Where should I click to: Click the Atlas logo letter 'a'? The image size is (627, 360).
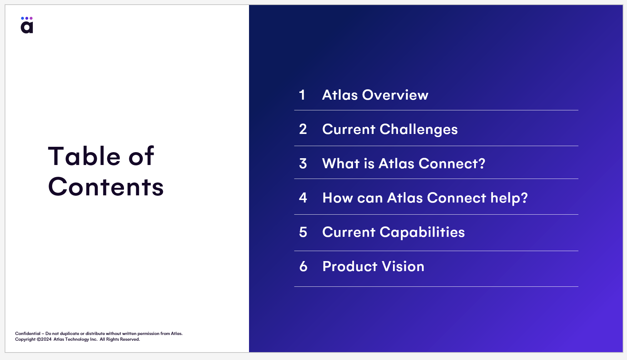click(27, 27)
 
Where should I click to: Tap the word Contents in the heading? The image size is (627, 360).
click(106, 187)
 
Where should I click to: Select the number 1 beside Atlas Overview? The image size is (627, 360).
click(302, 95)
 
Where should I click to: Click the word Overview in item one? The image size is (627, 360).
click(395, 95)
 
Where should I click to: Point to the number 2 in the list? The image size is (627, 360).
click(303, 129)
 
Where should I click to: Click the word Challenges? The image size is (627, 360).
click(419, 130)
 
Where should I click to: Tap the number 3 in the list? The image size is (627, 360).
click(303, 164)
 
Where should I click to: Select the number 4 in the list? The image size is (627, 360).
click(303, 197)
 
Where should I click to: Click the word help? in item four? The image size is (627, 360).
click(509, 198)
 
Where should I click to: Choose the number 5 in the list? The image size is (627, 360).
click(303, 232)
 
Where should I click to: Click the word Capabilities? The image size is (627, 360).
click(422, 232)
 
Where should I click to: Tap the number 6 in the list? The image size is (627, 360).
click(303, 266)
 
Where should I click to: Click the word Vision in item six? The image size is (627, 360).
click(403, 266)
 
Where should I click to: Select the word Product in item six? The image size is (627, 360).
click(350, 266)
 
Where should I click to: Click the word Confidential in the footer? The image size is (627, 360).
click(28, 334)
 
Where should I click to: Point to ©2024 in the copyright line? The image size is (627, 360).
click(44, 339)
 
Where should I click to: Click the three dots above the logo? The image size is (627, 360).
click(27, 18)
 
